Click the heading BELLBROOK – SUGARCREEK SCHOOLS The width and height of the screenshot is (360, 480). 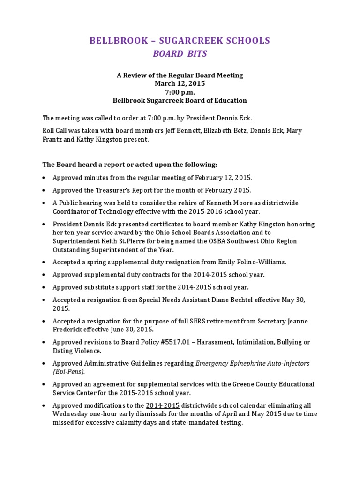click(180, 41)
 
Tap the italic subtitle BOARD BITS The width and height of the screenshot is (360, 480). click(180, 54)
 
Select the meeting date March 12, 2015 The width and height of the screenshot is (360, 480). click(180, 83)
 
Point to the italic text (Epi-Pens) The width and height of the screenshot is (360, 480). click(69, 372)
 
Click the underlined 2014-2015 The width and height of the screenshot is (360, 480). click(163, 405)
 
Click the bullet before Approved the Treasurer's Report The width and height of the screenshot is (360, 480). click(44, 191)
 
